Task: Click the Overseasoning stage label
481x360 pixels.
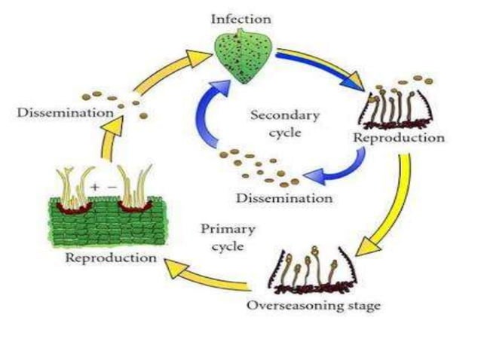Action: (x=313, y=307)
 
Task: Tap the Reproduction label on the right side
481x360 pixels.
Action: (x=398, y=138)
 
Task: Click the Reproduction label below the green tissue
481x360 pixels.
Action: (x=112, y=258)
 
